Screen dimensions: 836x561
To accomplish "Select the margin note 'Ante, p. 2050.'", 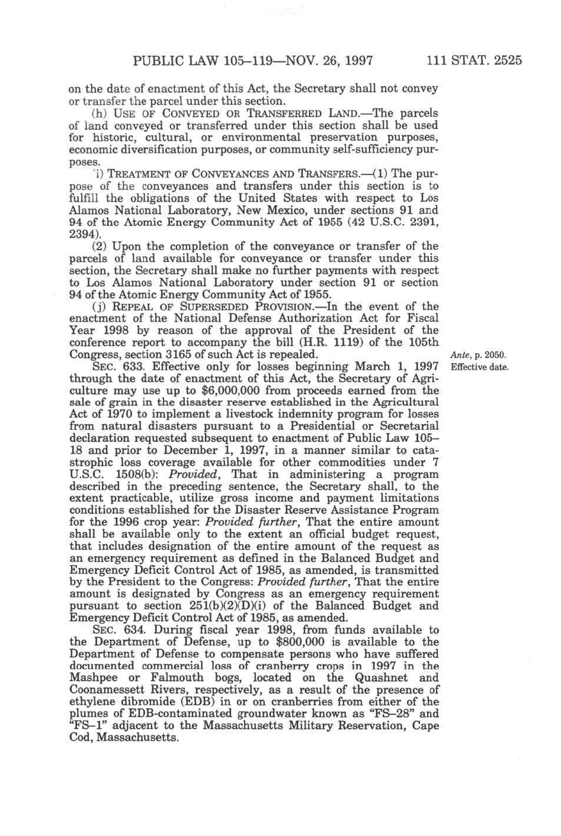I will click(x=478, y=355).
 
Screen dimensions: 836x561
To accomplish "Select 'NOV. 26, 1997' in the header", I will click(x=333, y=60).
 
